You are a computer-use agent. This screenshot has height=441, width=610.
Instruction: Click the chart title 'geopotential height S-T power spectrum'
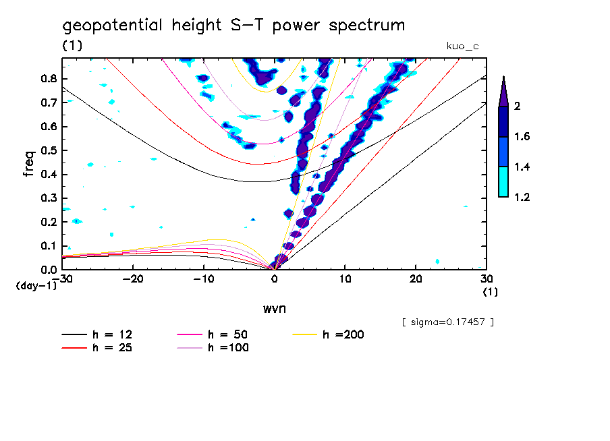click(233, 26)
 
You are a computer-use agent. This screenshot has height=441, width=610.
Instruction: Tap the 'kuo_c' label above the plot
click(462, 46)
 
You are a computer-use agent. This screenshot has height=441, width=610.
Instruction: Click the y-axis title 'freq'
click(28, 163)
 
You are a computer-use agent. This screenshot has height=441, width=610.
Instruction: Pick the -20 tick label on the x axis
click(134, 278)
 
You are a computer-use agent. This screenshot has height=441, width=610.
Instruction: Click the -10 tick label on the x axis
click(204, 278)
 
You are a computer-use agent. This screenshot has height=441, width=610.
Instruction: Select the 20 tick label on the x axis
click(416, 278)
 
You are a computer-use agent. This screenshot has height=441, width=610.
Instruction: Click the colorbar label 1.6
click(522, 137)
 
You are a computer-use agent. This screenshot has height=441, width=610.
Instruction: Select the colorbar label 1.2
click(522, 198)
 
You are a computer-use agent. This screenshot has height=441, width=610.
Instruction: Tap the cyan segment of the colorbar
click(503, 182)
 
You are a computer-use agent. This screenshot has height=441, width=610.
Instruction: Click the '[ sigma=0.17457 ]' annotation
click(448, 322)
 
